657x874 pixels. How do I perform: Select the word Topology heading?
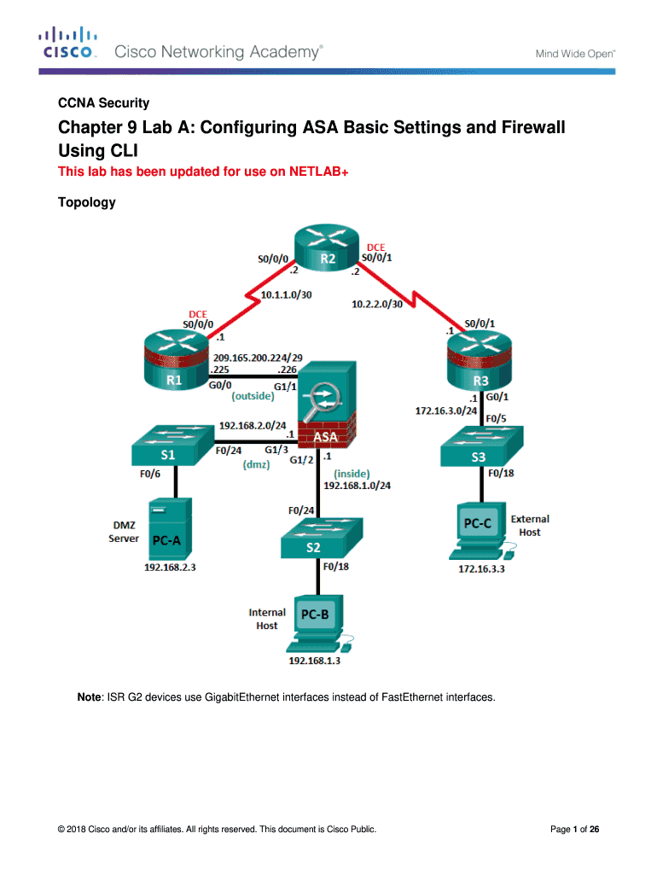86,203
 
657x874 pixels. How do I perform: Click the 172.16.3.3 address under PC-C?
481,568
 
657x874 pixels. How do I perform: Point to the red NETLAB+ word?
317,172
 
